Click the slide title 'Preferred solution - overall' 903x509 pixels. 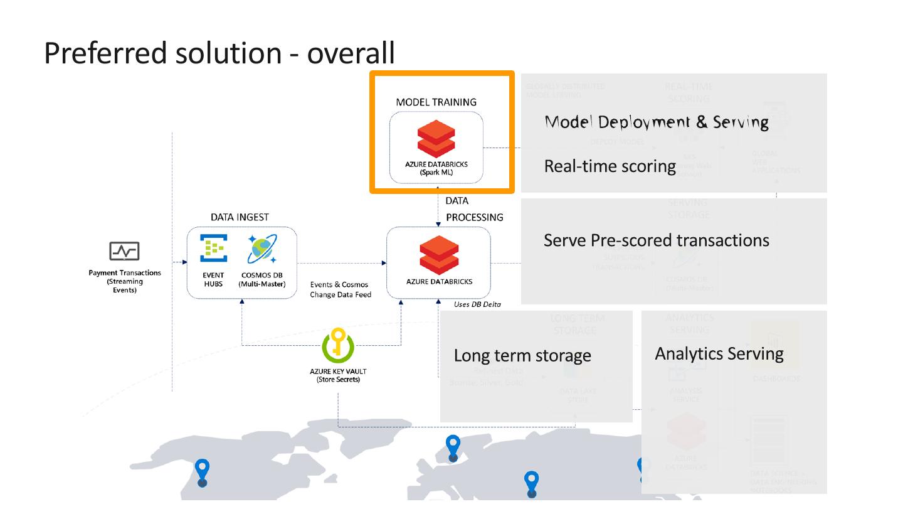[x=219, y=53]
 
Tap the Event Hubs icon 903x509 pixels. [x=213, y=249]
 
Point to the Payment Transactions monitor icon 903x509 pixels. [x=124, y=252]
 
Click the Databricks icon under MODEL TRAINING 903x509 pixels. [x=436, y=139]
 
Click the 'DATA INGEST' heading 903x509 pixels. [x=240, y=217]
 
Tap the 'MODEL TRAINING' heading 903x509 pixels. [x=436, y=102]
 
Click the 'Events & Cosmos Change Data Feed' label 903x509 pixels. [x=341, y=289]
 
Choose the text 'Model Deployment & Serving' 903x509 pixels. [x=656, y=122]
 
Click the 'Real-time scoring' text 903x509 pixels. [x=610, y=166]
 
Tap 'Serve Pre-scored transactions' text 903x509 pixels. [x=656, y=240]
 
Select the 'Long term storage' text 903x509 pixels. [x=522, y=356]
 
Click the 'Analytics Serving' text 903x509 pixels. [x=719, y=354]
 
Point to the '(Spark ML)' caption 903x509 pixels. [x=436, y=173]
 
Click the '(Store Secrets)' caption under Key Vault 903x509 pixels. [x=338, y=380]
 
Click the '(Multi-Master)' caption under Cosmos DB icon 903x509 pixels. [x=262, y=284]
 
